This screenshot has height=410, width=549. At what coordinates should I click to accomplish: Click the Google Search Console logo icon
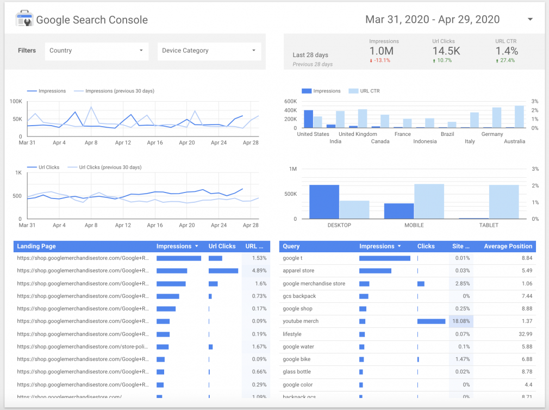24,20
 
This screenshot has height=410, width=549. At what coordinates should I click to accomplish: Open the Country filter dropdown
97,51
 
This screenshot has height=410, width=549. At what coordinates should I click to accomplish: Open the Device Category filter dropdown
209,51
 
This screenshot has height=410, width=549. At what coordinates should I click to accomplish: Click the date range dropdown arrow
530,20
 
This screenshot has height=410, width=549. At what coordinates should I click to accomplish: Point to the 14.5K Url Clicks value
446,51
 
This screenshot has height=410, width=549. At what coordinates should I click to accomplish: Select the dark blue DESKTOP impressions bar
324,202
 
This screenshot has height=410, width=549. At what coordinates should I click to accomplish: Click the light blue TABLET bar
503,202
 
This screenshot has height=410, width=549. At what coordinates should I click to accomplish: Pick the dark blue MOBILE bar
399,211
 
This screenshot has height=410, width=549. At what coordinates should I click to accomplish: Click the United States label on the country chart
313,134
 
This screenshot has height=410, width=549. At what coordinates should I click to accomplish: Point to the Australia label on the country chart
514,141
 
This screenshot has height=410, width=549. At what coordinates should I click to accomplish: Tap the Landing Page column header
36,246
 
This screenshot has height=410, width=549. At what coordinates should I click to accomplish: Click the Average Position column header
508,246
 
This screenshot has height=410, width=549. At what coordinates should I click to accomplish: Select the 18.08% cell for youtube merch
461,321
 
